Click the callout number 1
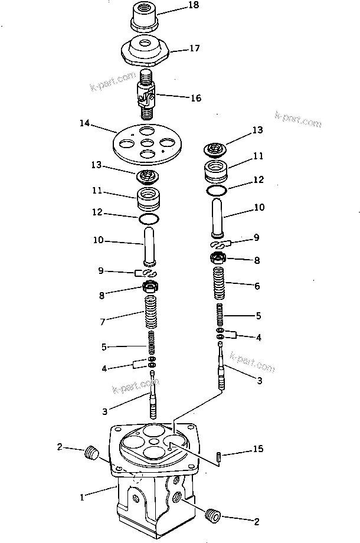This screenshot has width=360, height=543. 83,496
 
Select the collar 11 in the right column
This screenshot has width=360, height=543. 217,172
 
